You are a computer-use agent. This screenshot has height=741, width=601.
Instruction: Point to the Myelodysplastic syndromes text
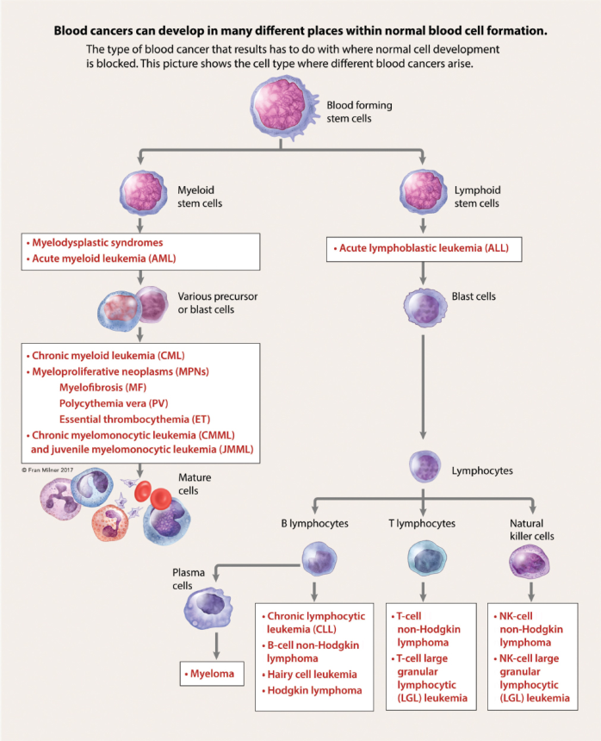(96, 243)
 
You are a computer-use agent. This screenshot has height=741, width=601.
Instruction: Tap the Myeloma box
(210, 674)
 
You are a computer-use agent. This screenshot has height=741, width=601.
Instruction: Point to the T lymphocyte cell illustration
(424, 559)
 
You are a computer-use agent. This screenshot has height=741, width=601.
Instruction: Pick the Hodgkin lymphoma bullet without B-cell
(314, 690)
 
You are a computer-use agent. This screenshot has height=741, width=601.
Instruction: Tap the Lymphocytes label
(482, 471)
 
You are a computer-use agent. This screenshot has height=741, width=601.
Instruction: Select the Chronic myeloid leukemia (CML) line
(108, 355)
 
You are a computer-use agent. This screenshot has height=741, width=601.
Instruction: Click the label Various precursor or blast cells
(217, 302)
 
